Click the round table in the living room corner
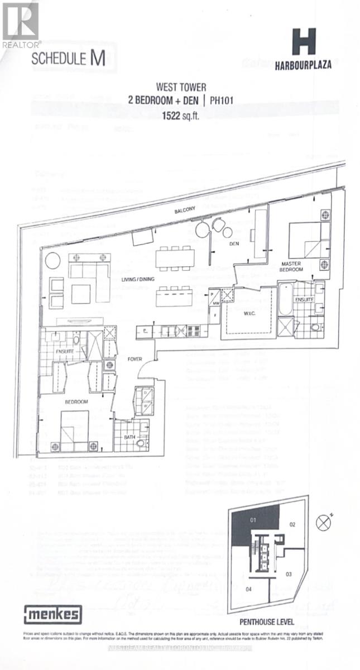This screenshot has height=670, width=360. tap(52, 261)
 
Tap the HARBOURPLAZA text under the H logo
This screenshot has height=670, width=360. tap(303, 65)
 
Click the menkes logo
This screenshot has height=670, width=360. tap(52, 615)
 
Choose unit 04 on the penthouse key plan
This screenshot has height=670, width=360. tap(248, 589)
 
